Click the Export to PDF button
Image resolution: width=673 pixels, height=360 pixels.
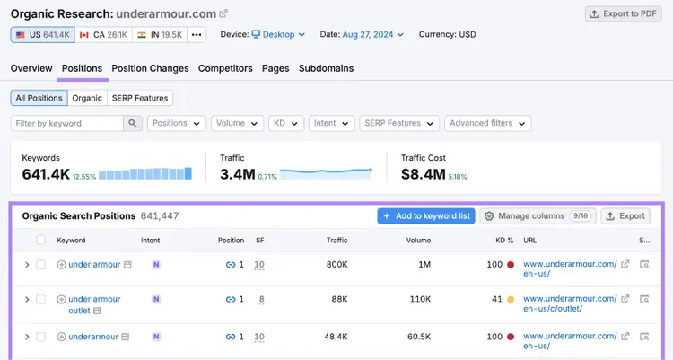click(x=624, y=13)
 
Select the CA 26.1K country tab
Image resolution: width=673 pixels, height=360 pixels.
click(x=103, y=35)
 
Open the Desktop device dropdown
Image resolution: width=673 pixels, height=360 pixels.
click(x=278, y=34)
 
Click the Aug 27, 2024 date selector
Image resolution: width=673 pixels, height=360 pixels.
click(x=372, y=34)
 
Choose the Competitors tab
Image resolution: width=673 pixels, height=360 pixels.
click(x=225, y=68)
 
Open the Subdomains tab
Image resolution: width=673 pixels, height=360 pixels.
click(x=327, y=68)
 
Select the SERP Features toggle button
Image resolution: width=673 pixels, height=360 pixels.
click(x=140, y=98)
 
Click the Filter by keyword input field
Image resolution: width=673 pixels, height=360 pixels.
click(x=67, y=123)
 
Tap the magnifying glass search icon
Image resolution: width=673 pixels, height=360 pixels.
click(x=133, y=123)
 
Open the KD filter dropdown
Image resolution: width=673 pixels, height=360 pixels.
click(x=286, y=123)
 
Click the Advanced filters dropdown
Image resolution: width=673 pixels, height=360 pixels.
click(x=487, y=123)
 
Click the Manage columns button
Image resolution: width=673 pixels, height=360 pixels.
click(x=538, y=216)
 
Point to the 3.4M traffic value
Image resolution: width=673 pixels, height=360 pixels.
click(x=238, y=174)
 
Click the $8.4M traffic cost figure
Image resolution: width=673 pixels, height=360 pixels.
click(x=424, y=174)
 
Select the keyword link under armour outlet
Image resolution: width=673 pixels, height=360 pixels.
click(x=94, y=304)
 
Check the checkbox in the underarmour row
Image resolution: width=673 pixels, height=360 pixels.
click(x=40, y=337)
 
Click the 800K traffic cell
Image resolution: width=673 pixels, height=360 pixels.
click(x=336, y=264)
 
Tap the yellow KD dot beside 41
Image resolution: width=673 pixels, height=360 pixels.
click(x=511, y=300)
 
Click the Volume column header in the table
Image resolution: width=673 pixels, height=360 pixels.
click(x=418, y=240)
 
